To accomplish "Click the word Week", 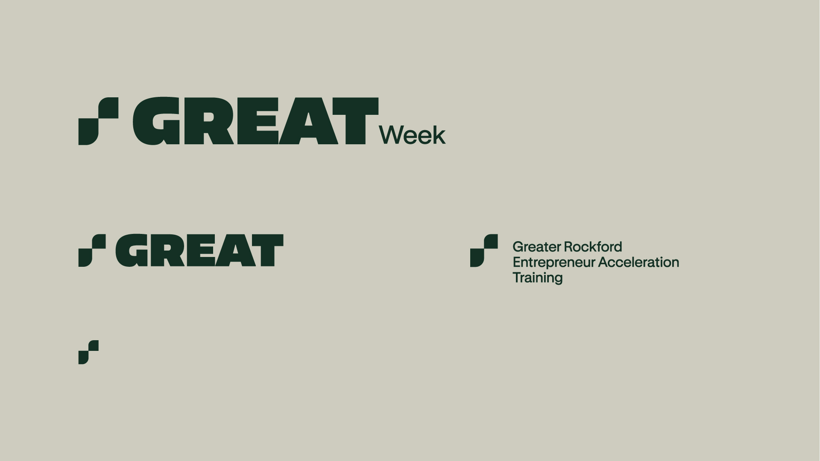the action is pyautogui.click(x=412, y=135).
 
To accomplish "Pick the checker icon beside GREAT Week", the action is pyautogui.click(x=98, y=121).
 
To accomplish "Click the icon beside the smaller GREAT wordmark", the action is pyautogui.click(x=92, y=251).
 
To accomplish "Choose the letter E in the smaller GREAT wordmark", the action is pyautogui.click(x=201, y=251).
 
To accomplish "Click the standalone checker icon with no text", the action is pyautogui.click(x=88, y=352).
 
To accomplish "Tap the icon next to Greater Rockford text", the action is pyautogui.click(x=484, y=251).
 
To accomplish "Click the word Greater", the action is pyautogui.click(x=536, y=247).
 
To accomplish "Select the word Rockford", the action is pyautogui.click(x=593, y=247).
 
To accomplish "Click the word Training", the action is pyautogui.click(x=538, y=278).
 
